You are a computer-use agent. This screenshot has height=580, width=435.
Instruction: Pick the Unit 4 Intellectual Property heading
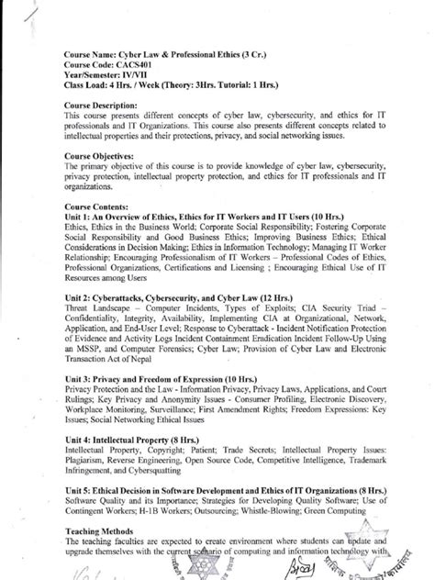[138, 440]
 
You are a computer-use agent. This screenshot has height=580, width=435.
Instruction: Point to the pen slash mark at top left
[32, 13]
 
